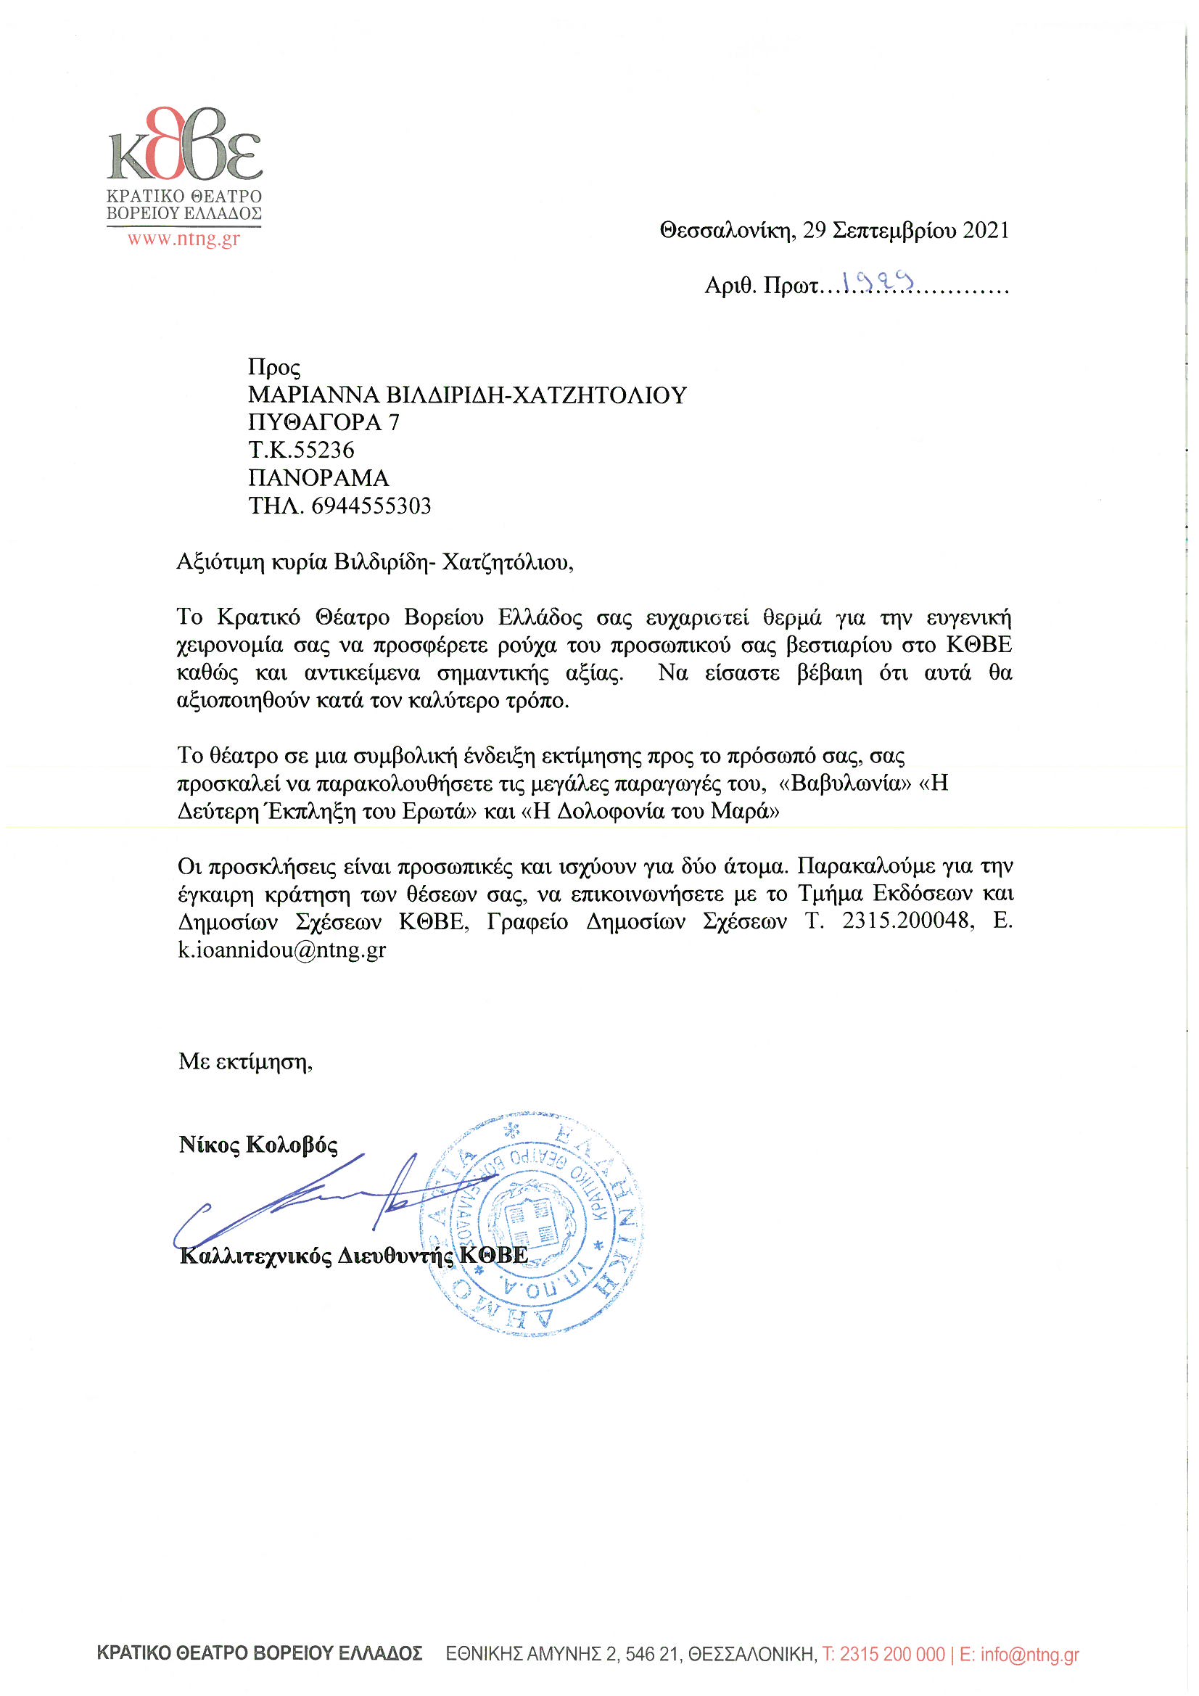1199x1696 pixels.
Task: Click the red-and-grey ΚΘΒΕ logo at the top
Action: coord(185,145)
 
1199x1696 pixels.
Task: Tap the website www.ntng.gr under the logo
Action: coord(184,239)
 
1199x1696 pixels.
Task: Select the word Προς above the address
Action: coord(274,368)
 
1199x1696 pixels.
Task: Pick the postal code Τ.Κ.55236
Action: coord(302,450)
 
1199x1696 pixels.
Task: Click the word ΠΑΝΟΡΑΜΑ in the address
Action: coord(318,478)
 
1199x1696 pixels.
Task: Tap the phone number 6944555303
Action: coord(371,506)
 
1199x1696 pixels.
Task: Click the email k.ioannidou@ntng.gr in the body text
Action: coord(281,950)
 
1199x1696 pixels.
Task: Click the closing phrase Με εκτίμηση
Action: coord(244,1061)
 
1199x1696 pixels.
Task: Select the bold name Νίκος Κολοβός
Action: coord(257,1144)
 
